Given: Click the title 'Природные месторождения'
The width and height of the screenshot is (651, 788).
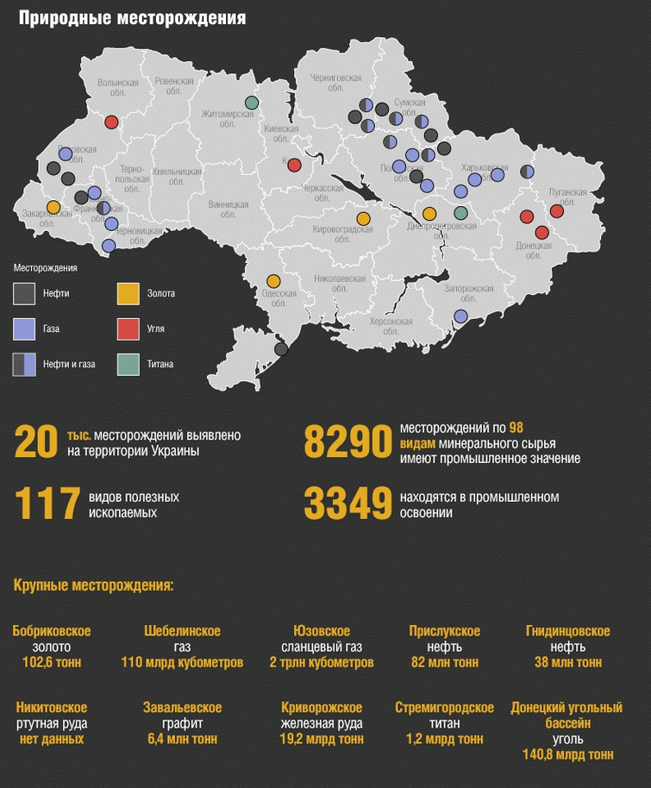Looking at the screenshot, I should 132,17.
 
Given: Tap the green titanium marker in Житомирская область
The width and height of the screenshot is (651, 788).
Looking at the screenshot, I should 252,103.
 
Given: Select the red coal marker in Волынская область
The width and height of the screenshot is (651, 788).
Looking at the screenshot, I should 111,122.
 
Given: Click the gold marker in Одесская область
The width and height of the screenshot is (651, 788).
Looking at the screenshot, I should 273,281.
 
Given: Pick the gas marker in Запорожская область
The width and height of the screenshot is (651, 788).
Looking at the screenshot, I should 460,316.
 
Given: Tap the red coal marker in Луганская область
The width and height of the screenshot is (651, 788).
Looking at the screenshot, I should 556,210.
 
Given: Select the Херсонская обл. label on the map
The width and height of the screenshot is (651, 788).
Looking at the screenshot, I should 391,324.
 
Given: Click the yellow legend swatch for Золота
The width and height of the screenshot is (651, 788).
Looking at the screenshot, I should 128,294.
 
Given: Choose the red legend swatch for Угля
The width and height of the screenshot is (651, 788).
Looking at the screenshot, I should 128,329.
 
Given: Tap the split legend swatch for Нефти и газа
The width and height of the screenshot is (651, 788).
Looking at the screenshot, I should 24,365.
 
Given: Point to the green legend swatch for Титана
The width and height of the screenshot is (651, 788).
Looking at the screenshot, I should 128,365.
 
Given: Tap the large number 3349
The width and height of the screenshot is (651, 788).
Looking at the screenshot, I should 347,504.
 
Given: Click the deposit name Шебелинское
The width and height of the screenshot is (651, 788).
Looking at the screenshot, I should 182,632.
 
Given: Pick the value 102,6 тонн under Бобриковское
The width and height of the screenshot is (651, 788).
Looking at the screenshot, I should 52,663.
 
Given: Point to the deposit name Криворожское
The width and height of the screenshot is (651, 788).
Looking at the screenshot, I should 321,708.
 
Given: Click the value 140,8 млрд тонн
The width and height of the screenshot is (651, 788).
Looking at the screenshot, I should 566,754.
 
